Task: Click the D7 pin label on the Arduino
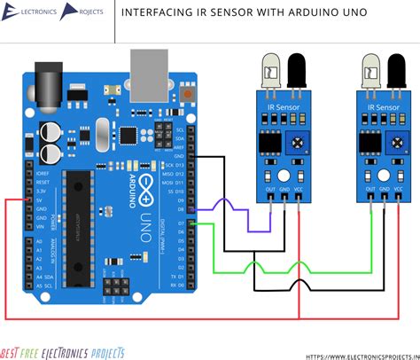click(x=181, y=223)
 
